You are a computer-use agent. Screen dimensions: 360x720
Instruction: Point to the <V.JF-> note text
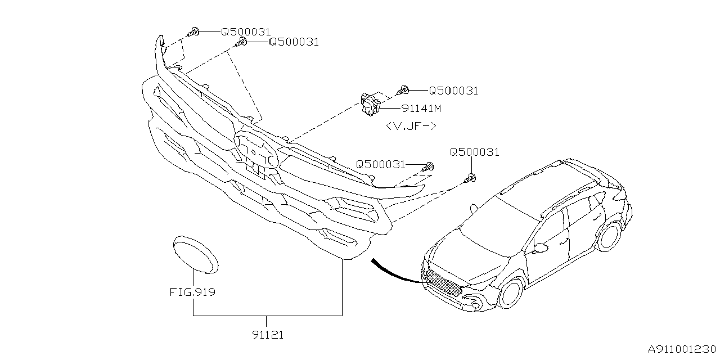[411, 126]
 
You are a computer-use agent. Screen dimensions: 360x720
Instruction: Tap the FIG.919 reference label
[193, 292]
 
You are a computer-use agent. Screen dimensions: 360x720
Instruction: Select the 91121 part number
[268, 335]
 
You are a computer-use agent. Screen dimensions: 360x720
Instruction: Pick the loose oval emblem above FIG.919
[195, 255]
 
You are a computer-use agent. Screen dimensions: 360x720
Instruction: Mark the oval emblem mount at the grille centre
[256, 150]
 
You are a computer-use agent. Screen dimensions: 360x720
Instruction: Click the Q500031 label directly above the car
[474, 152]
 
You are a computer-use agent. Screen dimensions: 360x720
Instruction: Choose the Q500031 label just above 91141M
[453, 91]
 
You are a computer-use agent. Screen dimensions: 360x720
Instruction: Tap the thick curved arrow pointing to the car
[394, 271]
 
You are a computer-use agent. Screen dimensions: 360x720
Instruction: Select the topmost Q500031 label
[245, 33]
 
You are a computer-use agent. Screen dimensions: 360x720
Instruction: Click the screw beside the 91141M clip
[404, 89]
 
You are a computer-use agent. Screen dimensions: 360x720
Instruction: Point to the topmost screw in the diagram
[194, 32]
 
